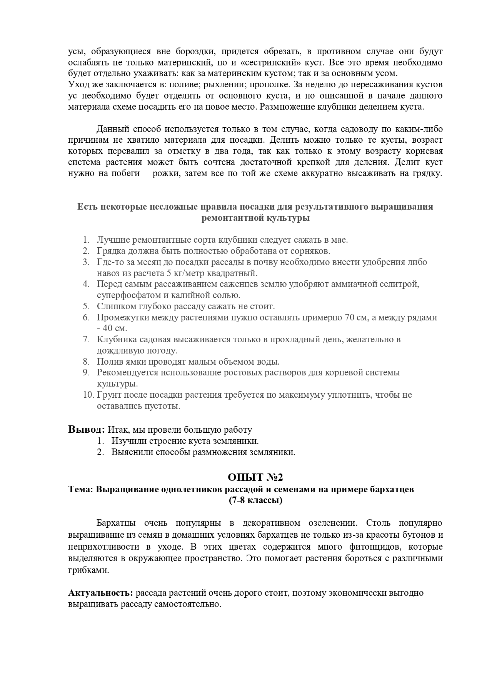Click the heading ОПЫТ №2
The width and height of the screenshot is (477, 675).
(x=255, y=477)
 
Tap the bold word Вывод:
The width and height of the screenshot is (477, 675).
(x=87, y=429)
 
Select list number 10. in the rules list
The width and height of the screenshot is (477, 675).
(x=88, y=395)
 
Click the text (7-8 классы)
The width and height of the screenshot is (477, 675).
(x=255, y=500)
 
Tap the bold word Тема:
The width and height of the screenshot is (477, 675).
(x=81, y=489)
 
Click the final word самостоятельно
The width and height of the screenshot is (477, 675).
(x=188, y=604)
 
